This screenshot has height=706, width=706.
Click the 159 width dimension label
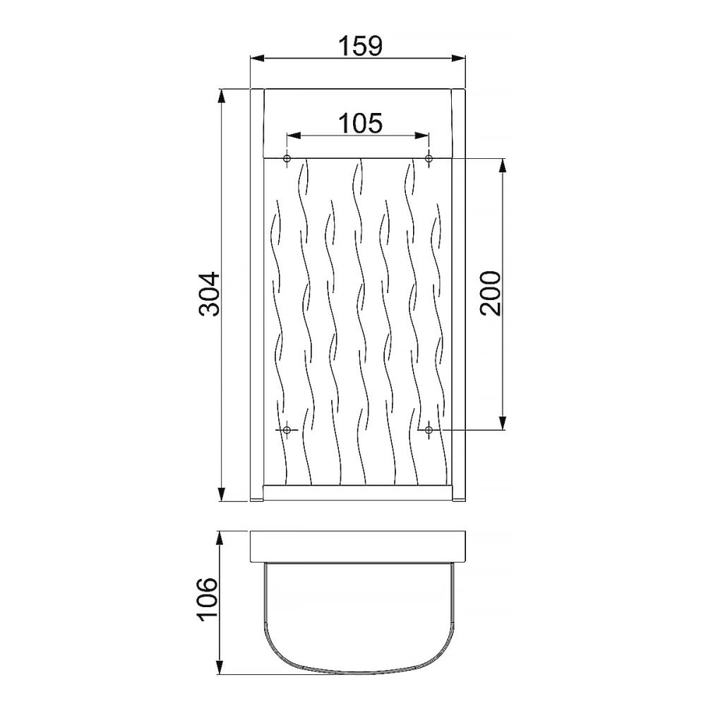point(360,46)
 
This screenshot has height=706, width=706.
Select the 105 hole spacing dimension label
point(360,123)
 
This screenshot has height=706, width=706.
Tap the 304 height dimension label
point(210,294)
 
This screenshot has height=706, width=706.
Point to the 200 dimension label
point(491,293)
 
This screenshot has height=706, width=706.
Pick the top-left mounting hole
point(287,158)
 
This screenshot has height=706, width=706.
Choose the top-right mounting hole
point(429,158)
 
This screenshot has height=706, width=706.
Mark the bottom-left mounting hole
point(287,430)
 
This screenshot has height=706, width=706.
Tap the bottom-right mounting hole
point(429,430)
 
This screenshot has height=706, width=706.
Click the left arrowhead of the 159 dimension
point(257,58)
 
